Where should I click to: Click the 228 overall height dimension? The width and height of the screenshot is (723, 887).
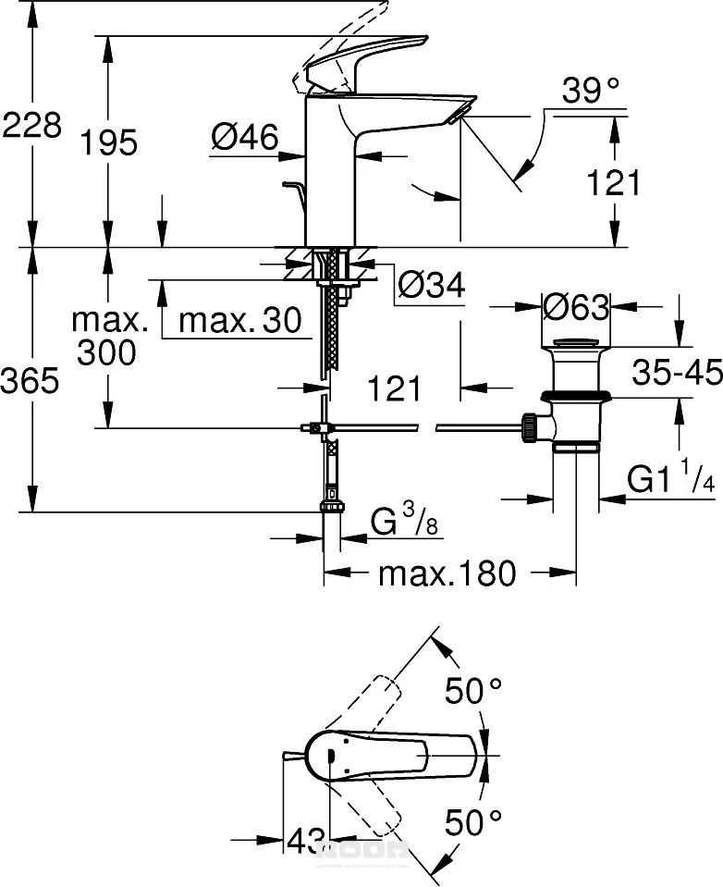31,125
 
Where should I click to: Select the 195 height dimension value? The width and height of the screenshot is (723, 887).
108,142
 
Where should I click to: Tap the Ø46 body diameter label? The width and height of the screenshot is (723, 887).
244,138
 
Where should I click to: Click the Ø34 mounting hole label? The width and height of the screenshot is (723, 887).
431,284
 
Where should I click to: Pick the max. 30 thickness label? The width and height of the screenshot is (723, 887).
239,321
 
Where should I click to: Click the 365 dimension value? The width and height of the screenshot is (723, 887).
31,380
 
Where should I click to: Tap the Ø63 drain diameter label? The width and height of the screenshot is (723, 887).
576,306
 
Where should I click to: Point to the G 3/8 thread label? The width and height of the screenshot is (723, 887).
404,524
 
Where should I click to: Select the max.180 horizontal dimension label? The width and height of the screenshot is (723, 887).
447,573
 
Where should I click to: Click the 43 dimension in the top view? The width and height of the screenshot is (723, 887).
303,841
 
